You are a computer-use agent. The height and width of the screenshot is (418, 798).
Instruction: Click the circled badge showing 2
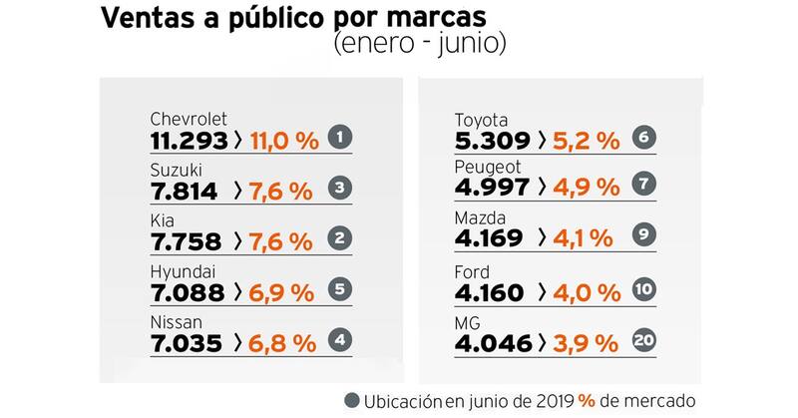point(342,239)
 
